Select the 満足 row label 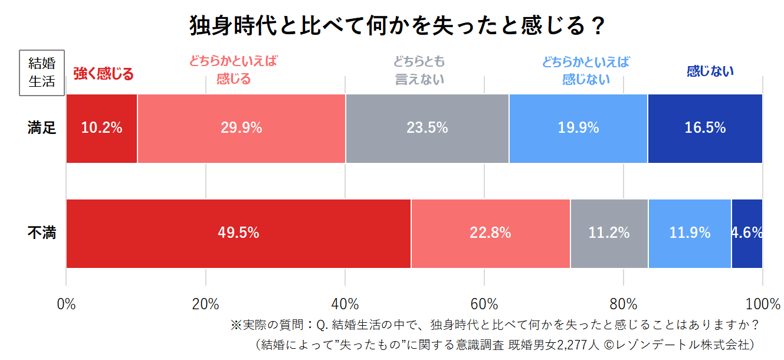[x=42, y=127]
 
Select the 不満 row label [x=42, y=233]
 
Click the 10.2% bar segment [x=101, y=128]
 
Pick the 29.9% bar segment [x=241, y=128]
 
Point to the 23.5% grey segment [x=427, y=128]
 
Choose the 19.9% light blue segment [x=578, y=128]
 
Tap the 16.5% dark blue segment [x=705, y=128]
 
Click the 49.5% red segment [x=238, y=233]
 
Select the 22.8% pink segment [x=490, y=233]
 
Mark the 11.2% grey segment [x=609, y=233]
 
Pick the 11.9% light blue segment [x=690, y=233]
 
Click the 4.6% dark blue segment [x=747, y=233]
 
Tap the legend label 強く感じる [x=103, y=74]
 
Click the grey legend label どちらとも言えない [x=419, y=70]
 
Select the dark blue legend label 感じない [x=710, y=71]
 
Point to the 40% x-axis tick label [x=345, y=305]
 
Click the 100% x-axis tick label [x=762, y=305]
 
